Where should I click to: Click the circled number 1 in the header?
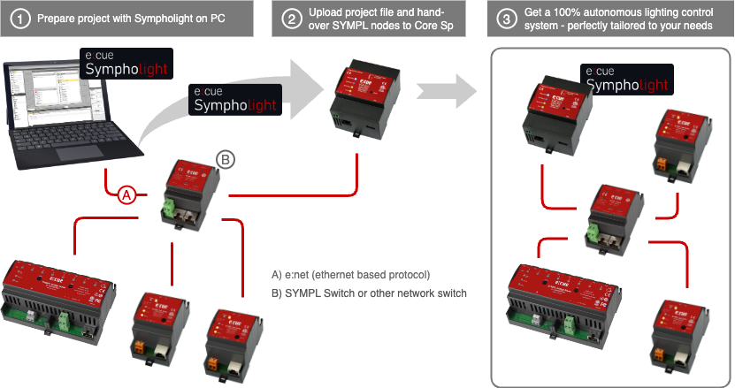[x=20, y=17]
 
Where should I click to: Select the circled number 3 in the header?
[x=504, y=17]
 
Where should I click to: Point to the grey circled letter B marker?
[x=226, y=159]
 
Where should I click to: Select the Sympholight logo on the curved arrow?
[x=235, y=98]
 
